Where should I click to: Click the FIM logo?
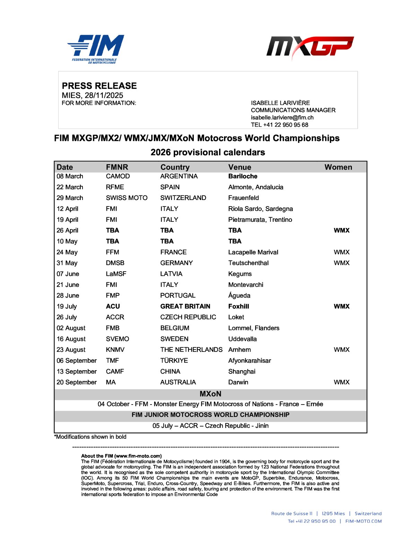96,49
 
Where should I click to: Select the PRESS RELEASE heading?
99,86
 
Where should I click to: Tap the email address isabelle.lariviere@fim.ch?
282,117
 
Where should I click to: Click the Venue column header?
240,167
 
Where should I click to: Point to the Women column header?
338,167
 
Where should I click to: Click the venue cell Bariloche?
243,176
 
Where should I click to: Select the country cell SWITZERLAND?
183,198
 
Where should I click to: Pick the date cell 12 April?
68,209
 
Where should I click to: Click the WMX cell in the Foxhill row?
341,306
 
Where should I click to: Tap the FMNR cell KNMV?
115,350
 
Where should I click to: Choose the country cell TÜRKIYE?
174,361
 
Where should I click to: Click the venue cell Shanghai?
242,372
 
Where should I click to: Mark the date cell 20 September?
77,382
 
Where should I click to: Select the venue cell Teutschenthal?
248,263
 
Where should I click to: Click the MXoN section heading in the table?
210,394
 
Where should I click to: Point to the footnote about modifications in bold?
90,437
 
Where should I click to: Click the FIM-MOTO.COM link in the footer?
363,521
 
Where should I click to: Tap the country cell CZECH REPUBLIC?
188,317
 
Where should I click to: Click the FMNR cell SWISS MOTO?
127,198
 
